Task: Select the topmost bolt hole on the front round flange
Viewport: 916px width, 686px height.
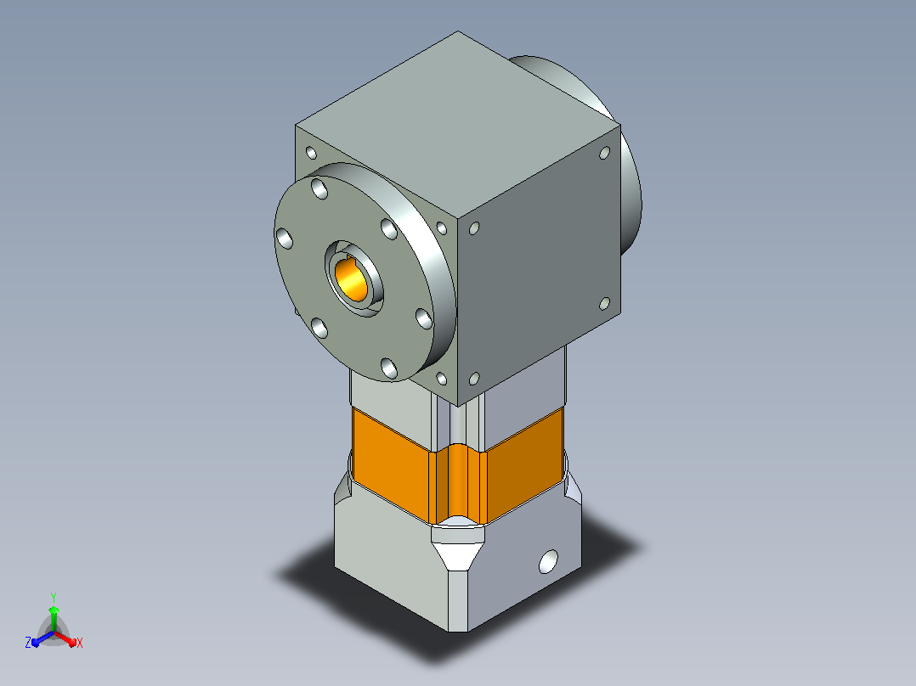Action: tap(319, 188)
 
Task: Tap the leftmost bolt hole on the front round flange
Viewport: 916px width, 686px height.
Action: tap(285, 239)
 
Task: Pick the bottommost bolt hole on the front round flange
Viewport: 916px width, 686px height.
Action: tap(389, 368)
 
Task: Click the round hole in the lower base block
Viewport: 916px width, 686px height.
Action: tap(548, 562)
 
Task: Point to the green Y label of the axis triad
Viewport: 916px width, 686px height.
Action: tap(54, 598)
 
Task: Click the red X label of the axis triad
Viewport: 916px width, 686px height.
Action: tap(80, 644)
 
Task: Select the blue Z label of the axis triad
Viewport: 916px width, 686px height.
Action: tap(27, 643)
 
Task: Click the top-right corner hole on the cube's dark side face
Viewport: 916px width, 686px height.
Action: tap(605, 153)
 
